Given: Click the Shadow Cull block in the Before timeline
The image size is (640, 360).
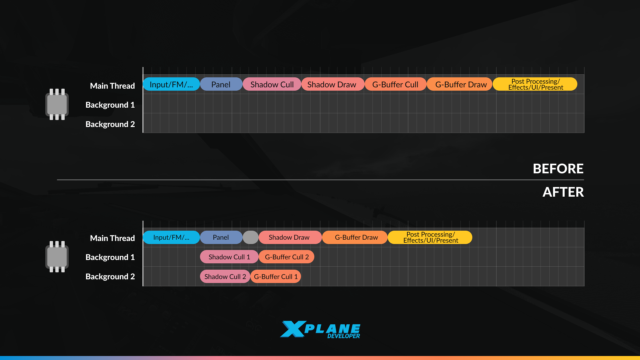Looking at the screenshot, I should click(x=272, y=84).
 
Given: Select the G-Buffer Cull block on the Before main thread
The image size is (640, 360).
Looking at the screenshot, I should click(x=395, y=84).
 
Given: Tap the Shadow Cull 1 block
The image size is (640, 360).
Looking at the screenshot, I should click(x=229, y=257).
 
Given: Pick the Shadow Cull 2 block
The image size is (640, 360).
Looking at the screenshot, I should click(x=225, y=277).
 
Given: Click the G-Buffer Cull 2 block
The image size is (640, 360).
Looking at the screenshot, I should click(x=287, y=257).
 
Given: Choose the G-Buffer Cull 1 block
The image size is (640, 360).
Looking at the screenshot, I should click(x=276, y=277).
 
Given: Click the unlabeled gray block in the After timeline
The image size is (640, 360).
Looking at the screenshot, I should click(x=251, y=237).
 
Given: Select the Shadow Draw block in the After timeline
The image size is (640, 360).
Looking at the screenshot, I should click(x=289, y=237).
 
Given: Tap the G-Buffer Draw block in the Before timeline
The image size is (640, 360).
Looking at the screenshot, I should click(x=461, y=84).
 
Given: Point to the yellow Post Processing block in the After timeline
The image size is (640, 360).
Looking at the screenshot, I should click(x=430, y=237).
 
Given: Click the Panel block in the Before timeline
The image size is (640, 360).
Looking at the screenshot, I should click(x=221, y=84).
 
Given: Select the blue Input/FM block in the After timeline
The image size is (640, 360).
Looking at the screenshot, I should click(x=171, y=237).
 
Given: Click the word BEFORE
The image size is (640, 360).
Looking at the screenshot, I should click(x=558, y=169).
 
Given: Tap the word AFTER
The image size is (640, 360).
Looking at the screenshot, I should click(x=563, y=192).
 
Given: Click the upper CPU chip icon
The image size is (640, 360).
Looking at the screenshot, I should click(x=57, y=104).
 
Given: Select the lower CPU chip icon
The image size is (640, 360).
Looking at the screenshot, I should click(x=57, y=257).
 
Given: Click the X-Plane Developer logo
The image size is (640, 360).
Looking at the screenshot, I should click(x=320, y=329).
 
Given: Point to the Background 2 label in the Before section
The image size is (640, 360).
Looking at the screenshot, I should click(x=110, y=124).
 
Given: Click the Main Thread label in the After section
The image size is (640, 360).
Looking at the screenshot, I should click(x=112, y=238).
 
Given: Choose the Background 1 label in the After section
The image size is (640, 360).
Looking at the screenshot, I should click(x=110, y=257).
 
